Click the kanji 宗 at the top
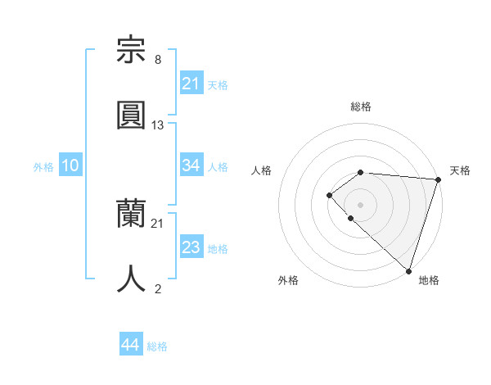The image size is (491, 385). (132, 50)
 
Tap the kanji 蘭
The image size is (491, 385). (132, 214)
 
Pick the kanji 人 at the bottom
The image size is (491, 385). (132, 278)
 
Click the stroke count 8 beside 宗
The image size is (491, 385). (158, 59)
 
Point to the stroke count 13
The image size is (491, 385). (158, 125)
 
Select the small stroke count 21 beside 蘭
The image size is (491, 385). (158, 223)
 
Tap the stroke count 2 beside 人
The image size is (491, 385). (158, 288)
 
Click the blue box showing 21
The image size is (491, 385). (191, 83)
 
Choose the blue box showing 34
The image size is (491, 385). (191, 165)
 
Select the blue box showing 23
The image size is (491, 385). (191, 247)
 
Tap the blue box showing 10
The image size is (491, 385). (70, 165)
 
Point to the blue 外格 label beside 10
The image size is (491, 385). (43, 167)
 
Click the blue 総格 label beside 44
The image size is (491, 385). (157, 347)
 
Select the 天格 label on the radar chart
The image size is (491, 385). (460, 170)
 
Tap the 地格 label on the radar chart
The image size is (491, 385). (429, 280)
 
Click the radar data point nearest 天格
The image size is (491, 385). (438, 179)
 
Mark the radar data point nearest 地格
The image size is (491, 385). (408, 270)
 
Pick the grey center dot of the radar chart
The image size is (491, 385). (360, 204)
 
